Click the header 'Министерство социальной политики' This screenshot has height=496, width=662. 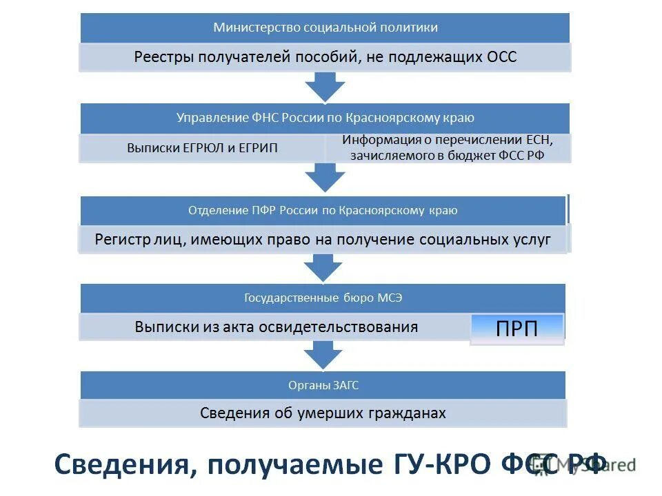click(x=325, y=28)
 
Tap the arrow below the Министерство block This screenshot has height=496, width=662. click(x=325, y=87)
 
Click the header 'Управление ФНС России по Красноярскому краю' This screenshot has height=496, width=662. click(x=325, y=118)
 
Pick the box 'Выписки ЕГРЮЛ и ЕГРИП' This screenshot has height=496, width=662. click(x=202, y=148)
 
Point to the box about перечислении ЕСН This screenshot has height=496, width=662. click(x=448, y=148)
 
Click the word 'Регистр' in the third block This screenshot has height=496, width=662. click(x=120, y=240)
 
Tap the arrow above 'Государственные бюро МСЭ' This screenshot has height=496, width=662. click(x=323, y=267)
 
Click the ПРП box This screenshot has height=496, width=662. click(x=516, y=329)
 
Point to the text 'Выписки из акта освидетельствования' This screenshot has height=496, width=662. click(x=277, y=327)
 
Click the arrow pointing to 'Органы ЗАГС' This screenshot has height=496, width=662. click(x=323, y=355)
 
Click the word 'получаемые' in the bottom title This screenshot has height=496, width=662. click(x=290, y=463)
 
